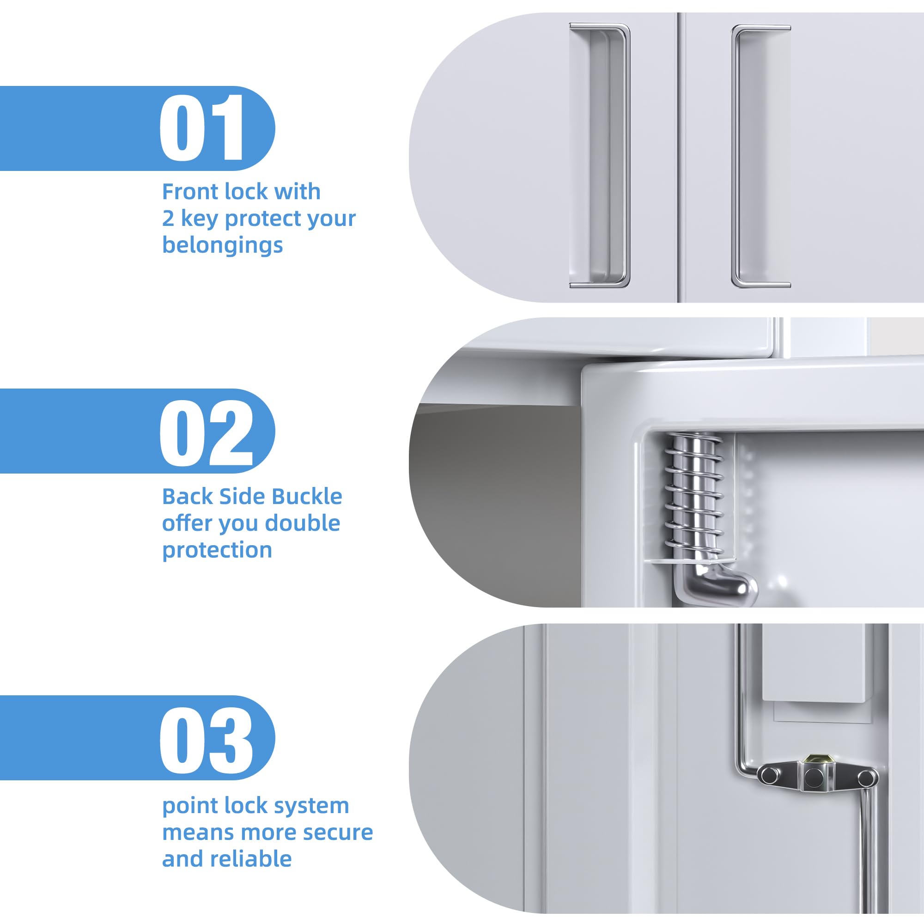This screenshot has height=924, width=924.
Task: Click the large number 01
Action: coord(202,128)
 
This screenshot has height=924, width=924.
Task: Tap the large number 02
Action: coord(206,433)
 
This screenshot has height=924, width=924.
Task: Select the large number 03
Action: coord(206,740)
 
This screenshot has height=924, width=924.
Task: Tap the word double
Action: coord(302,523)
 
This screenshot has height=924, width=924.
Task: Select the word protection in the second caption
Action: coord(217,551)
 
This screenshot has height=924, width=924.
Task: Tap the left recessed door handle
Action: coord(599,156)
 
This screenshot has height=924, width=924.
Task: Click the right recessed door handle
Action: coord(760,156)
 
